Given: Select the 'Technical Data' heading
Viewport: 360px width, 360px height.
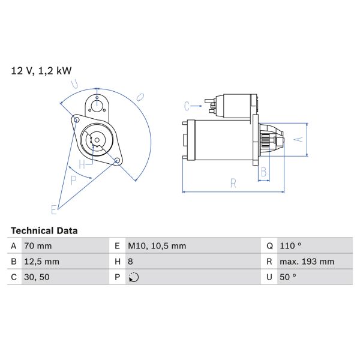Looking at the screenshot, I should [x=44, y=230].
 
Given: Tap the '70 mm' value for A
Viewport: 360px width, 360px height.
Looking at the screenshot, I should [x=38, y=246].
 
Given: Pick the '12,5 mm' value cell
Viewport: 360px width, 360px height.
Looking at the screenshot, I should [x=41, y=262].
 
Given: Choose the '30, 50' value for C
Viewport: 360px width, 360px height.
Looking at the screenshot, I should [x=37, y=277].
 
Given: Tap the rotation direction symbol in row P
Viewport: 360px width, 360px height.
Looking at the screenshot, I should [x=133, y=277].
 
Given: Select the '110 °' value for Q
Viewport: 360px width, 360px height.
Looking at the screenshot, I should [x=292, y=246].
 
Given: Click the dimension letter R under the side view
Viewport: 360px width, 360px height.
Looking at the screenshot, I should [x=233, y=184].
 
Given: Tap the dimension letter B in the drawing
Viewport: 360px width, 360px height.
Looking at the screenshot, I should [x=263, y=172].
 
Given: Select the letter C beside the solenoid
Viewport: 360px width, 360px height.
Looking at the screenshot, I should [x=187, y=106].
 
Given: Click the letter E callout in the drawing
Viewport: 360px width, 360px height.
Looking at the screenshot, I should [x=53, y=209].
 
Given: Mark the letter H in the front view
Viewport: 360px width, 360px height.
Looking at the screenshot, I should [x=82, y=163].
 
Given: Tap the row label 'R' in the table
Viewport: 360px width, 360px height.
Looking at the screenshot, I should [x=270, y=262].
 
